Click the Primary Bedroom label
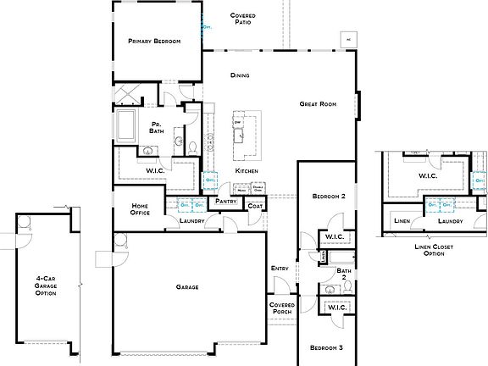tap(154, 41)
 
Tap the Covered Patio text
tap(244, 19)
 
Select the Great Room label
tap(319, 104)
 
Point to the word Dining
tap(240, 75)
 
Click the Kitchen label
tap(247, 171)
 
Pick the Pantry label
tap(225, 201)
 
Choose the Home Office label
tap(141, 209)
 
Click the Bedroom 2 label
tap(328, 197)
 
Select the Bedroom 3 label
tap(325, 348)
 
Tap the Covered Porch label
tap(281, 308)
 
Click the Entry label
tap(280, 269)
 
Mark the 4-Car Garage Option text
tap(47, 288)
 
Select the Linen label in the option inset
tap(403, 222)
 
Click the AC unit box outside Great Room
tap(347, 38)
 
